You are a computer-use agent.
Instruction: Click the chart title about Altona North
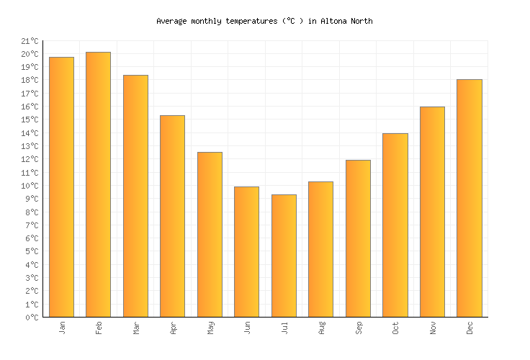(264, 22)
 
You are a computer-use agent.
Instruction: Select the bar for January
(61, 187)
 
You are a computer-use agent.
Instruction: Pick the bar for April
(172, 216)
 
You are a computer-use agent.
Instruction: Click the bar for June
(246, 252)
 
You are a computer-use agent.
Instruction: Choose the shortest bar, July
(284, 256)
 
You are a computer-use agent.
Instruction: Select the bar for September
(358, 238)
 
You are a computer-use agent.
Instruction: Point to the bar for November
(432, 212)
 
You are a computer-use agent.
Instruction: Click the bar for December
(470, 198)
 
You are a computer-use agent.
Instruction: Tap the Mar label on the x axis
(135, 328)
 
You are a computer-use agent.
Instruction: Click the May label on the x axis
(210, 328)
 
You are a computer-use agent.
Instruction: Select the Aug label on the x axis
(321, 328)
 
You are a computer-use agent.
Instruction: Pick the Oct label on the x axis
(395, 328)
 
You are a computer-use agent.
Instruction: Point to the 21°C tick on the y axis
(30, 41)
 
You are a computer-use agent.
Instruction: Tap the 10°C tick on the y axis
(30, 186)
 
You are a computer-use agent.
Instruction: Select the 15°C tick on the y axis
(30, 120)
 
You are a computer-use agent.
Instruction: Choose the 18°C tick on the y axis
(30, 81)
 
